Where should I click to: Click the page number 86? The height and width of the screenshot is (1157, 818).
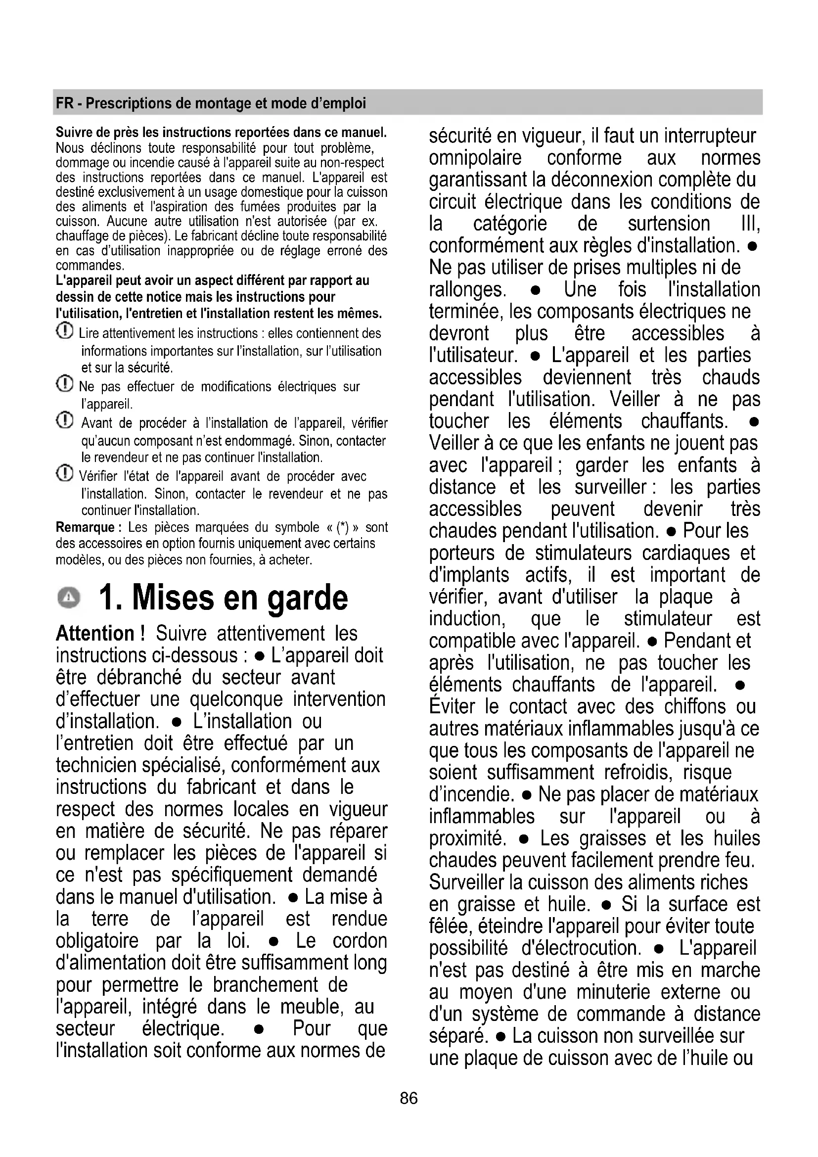coord(409,1098)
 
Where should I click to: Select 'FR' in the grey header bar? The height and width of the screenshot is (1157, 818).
coord(64,103)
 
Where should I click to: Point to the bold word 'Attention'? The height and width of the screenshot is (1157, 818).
coord(94,634)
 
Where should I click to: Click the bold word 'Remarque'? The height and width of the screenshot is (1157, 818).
coord(85,528)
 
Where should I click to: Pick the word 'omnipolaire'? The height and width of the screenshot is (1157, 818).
coord(475,158)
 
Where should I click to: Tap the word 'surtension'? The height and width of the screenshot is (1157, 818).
coord(669,224)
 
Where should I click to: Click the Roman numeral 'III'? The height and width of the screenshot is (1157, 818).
coord(750,224)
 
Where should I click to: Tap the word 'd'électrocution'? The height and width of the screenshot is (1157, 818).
coord(581,948)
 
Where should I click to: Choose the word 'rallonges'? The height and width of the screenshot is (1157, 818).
coord(466,290)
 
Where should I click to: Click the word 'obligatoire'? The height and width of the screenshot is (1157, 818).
coord(97,941)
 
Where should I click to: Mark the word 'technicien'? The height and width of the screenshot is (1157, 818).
coord(96,765)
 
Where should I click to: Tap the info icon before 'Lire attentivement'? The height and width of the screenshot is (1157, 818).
coord(65,331)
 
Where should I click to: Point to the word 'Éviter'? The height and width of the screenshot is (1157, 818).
coord(452,706)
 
